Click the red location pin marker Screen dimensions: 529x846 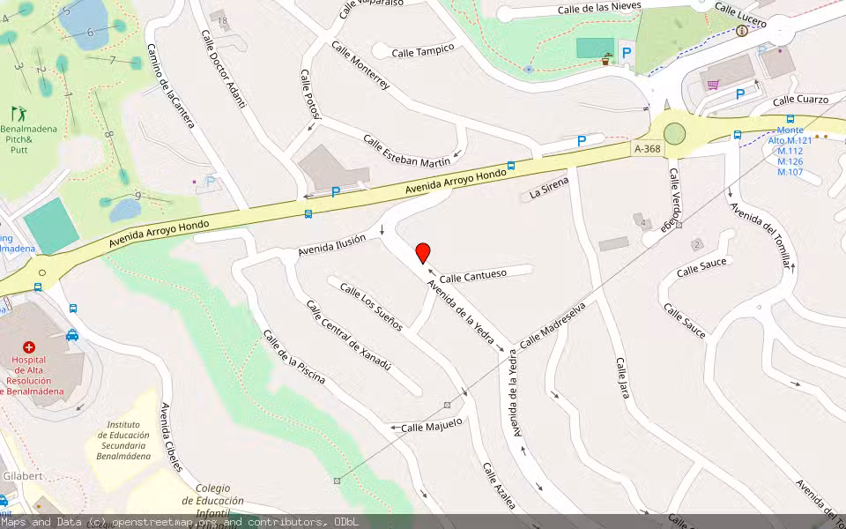coord(423,253)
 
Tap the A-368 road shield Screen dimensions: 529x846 coord(646,150)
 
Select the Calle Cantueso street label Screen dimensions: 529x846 coord(473,276)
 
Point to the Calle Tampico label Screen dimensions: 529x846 coord(423,50)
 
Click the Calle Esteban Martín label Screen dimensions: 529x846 coord(406,150)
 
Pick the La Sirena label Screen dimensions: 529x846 coord(549,188)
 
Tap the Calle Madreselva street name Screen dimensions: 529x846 coord(553,325)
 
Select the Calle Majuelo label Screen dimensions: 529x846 coord(432,426)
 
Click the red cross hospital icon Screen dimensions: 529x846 coord(28,347)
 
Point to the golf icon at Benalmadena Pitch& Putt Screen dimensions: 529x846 coord(18,113)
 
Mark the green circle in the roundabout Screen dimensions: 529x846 coord(675,134)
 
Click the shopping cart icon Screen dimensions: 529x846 coord(713,85)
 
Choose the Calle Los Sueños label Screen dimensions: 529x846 coord(371,307)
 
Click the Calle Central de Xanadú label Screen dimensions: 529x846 coord(348,335)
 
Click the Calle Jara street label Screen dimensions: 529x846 coord(622,378)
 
